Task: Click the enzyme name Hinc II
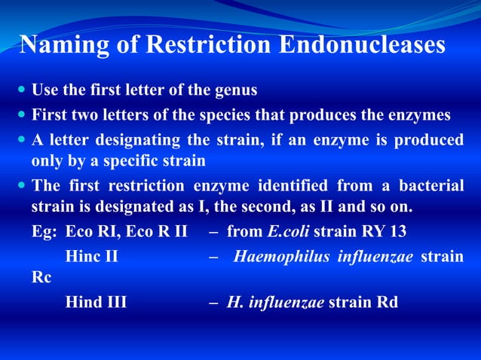tap(91, 256)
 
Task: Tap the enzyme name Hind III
tap(96, 303)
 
